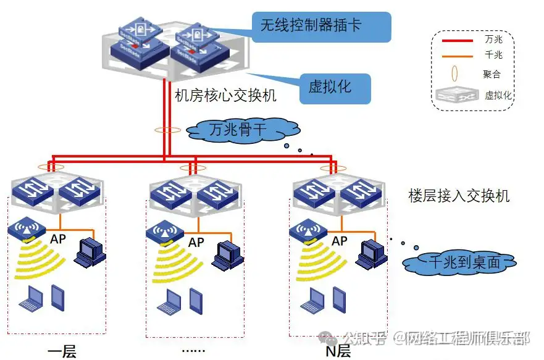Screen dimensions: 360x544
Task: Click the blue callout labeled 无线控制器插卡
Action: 321,26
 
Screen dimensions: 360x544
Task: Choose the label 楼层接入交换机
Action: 459,196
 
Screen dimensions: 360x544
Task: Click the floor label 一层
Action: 62,352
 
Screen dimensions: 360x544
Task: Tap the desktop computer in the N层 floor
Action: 372,252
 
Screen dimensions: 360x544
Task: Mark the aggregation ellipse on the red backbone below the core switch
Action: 167,130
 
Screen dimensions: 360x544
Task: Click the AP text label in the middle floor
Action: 196,243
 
